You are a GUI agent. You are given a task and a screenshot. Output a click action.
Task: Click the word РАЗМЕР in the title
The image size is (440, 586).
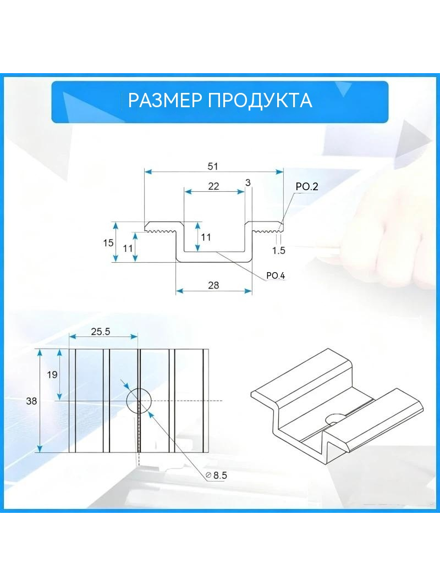[165, 101]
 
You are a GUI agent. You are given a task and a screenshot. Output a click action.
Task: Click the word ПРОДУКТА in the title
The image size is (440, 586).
[260, 101]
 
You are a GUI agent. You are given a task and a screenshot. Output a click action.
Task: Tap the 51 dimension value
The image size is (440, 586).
[213, 166]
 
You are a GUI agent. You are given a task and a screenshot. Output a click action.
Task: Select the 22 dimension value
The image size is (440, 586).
[213, 186]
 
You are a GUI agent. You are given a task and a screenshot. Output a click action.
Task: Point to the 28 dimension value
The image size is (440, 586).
[213, 285]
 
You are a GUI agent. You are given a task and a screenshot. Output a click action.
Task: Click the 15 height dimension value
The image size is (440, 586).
[108, 243]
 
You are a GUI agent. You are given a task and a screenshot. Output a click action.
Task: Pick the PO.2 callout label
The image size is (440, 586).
[306, 186]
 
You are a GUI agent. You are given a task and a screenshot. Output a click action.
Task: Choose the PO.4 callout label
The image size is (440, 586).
[276, 275]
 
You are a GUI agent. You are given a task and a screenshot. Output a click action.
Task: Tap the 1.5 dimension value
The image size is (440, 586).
[279, 250]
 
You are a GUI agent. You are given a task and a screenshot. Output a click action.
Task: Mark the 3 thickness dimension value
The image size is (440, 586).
[248, 183]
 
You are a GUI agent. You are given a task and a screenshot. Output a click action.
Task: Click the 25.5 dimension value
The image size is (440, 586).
[101, 331]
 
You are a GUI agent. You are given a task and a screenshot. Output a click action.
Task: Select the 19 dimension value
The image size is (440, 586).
[52, 374]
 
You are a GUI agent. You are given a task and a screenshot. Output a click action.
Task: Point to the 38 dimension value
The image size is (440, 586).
[31, 401]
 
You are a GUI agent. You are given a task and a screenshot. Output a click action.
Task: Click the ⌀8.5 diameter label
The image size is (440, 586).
[217, 476]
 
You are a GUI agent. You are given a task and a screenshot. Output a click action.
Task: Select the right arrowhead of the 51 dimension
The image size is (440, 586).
[279, 172]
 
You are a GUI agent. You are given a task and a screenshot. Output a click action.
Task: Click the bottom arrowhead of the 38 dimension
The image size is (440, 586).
[40, 449]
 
